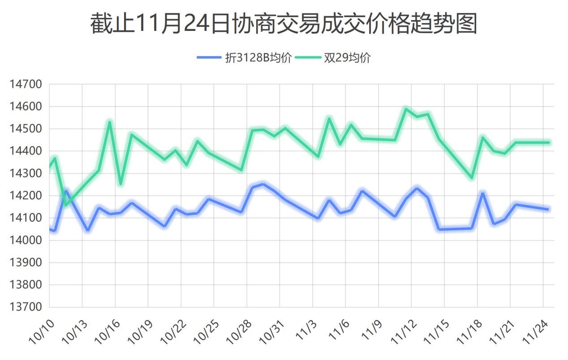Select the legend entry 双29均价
[x=347, y=58]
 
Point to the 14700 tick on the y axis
[x=26, y=84]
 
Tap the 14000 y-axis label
[x=26, y=240]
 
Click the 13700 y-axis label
[x=26, y=307]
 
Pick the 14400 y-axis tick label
[x=26, y=151]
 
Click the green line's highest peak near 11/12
[x=406, y=109]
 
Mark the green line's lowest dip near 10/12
[x=66, y=205]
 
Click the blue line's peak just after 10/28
[x=263, y=184]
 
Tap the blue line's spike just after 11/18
[x=483, y=193]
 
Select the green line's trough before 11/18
[x=472, y=178]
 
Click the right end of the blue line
[x=548, y=209]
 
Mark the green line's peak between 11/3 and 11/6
[x=329, y=119]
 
